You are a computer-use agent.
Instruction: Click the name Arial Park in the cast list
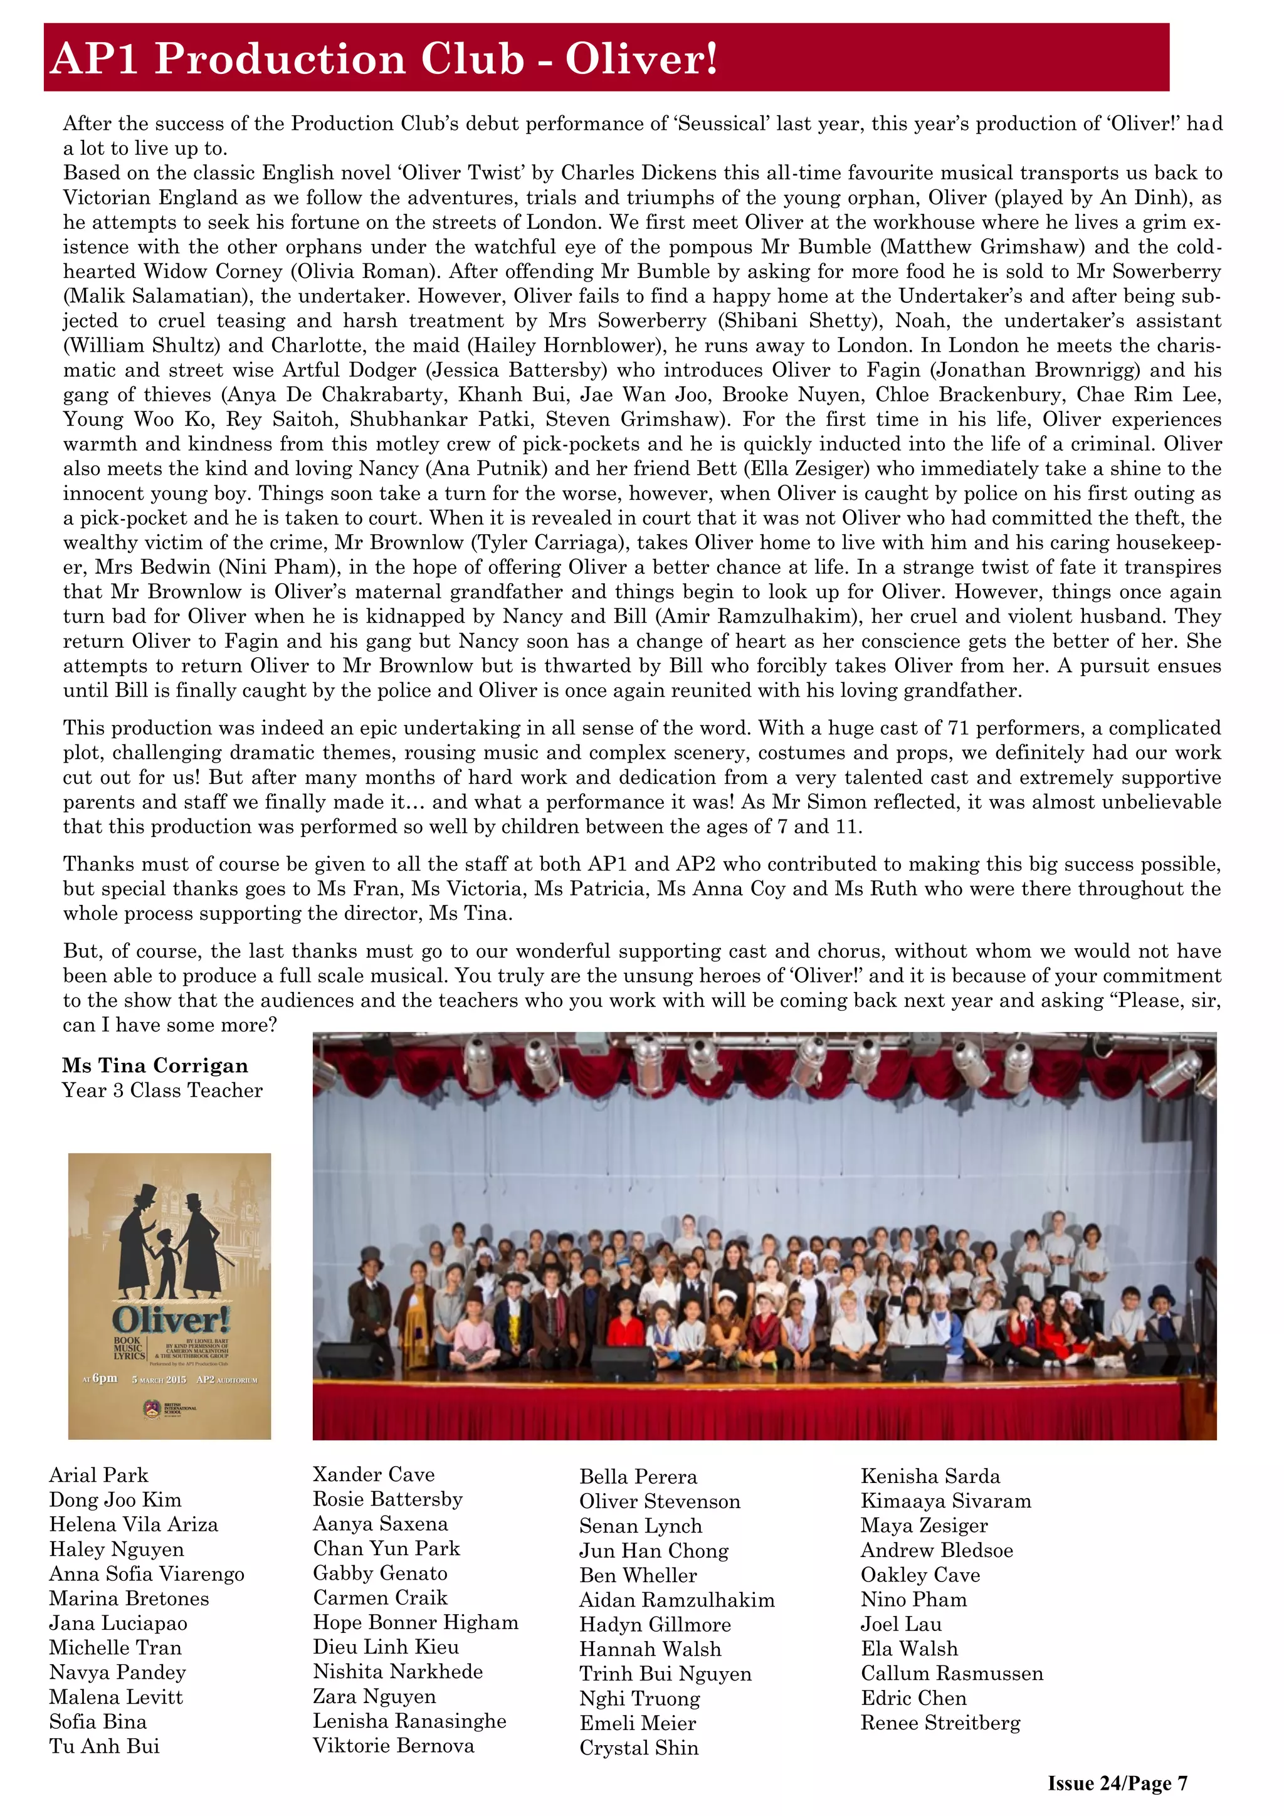(x=99, y=1475)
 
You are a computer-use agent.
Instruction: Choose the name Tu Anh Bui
(x=104, y=1746)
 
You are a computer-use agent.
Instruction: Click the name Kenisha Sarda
(x=930, y=1476)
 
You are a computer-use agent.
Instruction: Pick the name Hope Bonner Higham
(x=415, y=1622)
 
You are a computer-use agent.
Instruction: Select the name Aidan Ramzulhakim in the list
(x=676, y=1599)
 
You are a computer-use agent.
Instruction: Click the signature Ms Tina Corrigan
(x=155, y=1065)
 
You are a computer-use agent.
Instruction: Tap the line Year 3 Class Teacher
(x=162, y=1090)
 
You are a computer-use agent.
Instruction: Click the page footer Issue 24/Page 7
(x=1117, y=1783)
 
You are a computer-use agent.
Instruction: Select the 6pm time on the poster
(x=103, y=1378)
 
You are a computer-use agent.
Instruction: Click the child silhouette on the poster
(x=167, y=1259)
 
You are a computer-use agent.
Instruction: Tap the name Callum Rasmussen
(x=952, y=1673)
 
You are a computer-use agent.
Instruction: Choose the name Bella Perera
(x=638, y=1477)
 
